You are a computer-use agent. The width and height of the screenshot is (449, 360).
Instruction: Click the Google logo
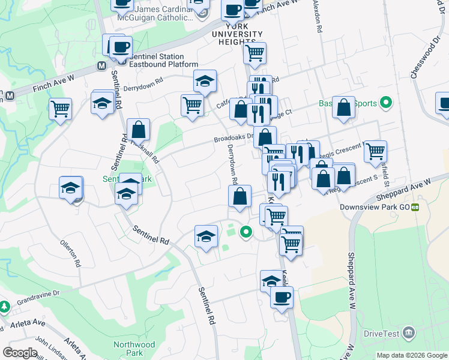[20, 352]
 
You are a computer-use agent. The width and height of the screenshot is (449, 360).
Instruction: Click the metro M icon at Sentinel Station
[102, 65]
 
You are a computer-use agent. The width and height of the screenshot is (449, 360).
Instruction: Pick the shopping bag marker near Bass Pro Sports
[343, 107]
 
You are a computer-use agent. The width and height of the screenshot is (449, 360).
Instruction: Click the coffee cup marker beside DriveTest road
[281, 296]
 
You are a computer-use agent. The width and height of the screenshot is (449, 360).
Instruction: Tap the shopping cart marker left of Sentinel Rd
[61, 109]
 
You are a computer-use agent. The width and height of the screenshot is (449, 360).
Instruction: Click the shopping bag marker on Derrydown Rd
[240, 196]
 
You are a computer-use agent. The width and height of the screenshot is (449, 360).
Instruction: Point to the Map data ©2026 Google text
[411, 355]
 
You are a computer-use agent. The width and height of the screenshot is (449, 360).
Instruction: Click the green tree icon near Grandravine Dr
[5, 307]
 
